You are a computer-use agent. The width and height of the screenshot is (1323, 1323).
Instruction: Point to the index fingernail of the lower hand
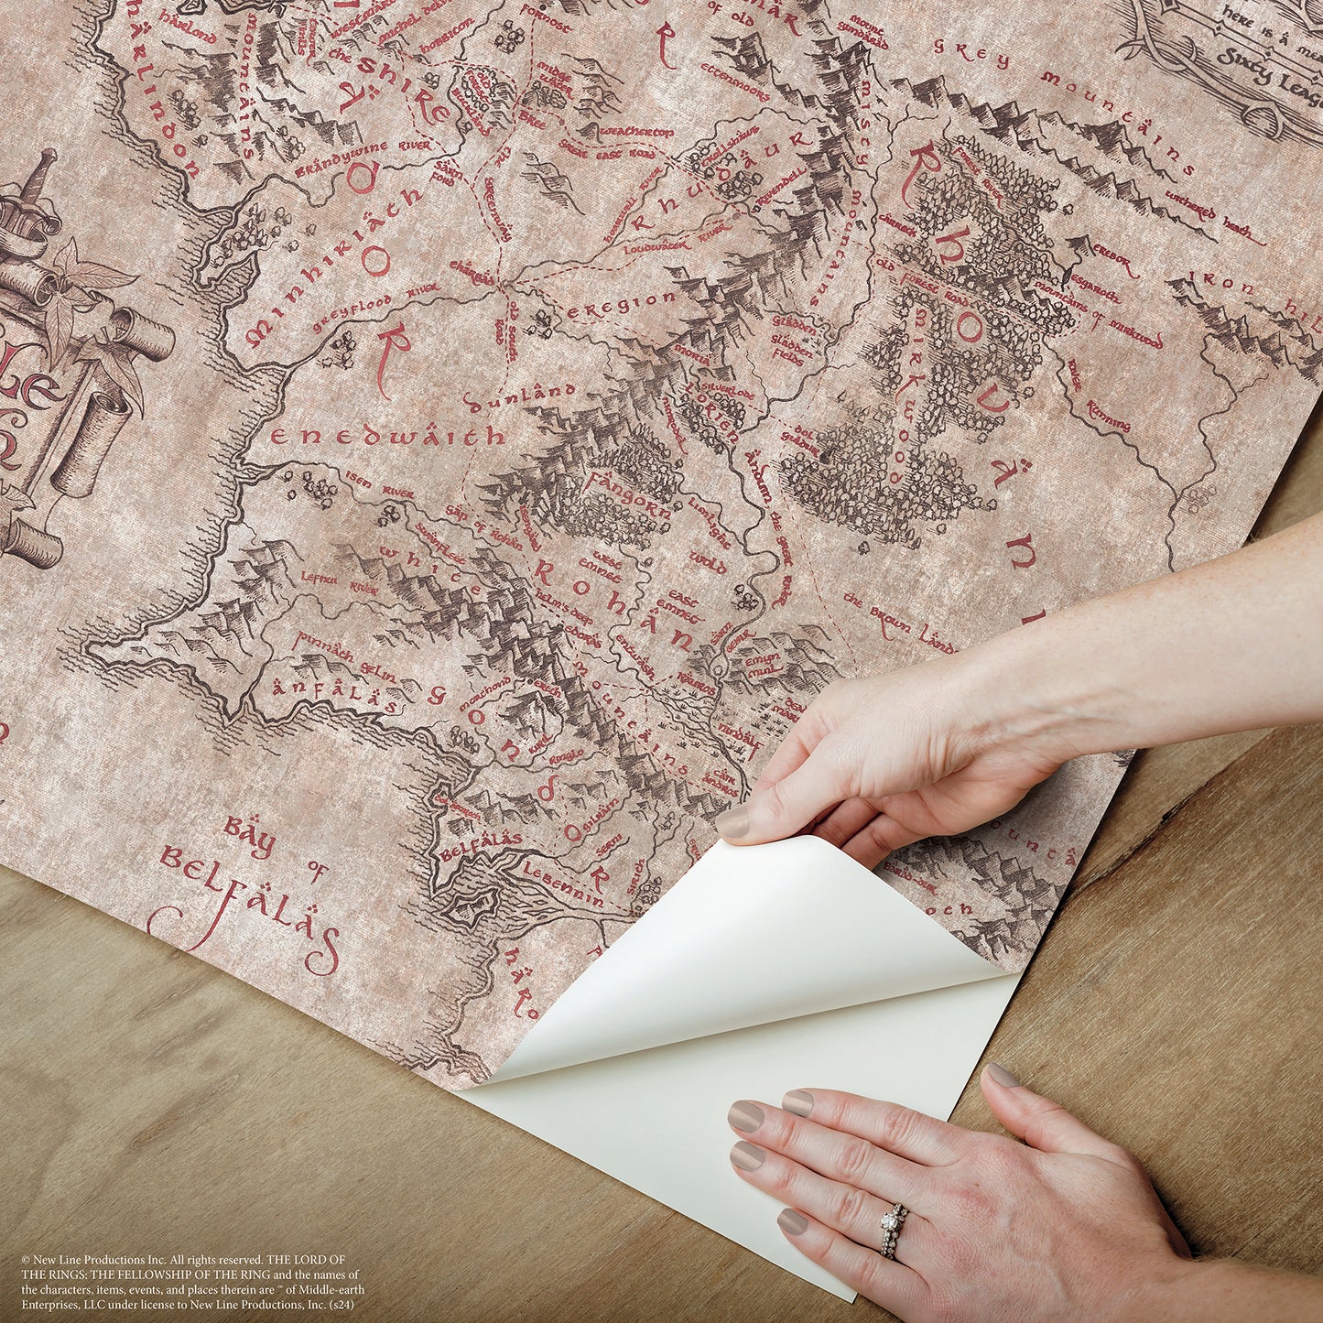[x=747, y=1117]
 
